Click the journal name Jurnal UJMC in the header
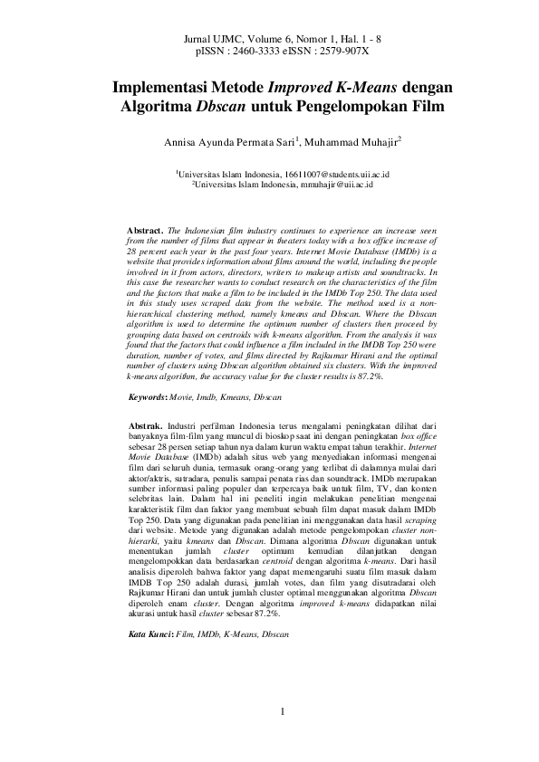pyautogui.click(x=208, y=41)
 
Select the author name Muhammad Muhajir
pyautogui.click(x=352, y=143)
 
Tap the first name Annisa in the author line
pyautogui.click(x=181, y=143)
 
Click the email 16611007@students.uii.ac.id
pyautogui.click(x=324, y=171)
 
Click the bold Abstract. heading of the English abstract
pyautogui.click(x=146, y=232)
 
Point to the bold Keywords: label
pyautogui.click(x=150, y=397)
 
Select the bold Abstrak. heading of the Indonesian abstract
pyautogui.click(x=145, y=424)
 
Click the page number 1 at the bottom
pyautogui.click(x=283, y=711)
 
